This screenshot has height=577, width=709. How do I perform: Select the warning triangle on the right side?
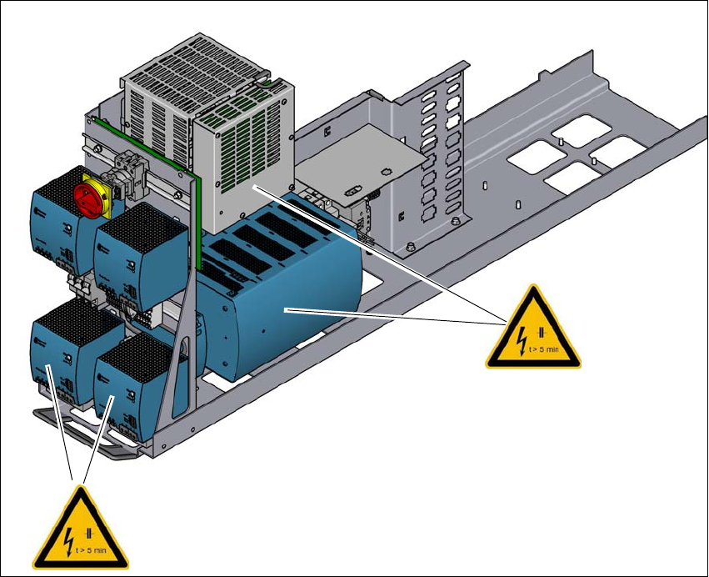tap(533, 329)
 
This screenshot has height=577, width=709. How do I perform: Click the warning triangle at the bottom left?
tap(81, 526)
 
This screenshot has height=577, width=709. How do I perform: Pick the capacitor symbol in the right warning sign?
tap(542, 334)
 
